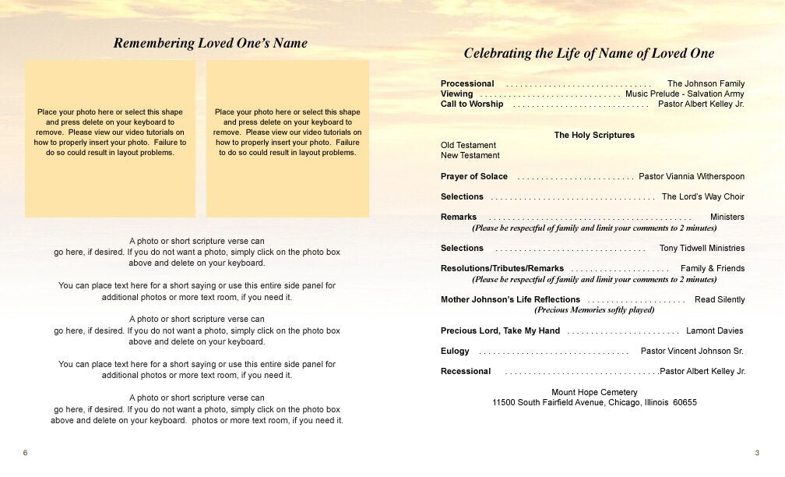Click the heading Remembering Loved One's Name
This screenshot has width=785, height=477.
(210, 44)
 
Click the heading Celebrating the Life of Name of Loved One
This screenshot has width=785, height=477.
(589, 54)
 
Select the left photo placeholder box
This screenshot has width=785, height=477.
(110, 138)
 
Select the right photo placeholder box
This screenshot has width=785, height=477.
(287, 138)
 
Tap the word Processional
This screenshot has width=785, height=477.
(467, 83)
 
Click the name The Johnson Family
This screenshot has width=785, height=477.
(706, 83)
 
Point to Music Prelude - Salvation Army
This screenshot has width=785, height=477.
(685, 94)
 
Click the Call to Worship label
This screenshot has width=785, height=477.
(472, 104)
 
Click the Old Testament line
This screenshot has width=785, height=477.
(468, 145)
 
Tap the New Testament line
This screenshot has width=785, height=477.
(470, 155)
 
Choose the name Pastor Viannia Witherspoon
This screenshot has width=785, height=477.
(692, 176)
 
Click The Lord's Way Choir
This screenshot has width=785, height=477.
(703, 196)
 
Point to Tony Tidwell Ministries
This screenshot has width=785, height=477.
(702, 248)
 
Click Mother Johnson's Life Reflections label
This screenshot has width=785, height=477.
(510, 299)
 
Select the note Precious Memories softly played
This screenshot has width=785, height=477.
(594, 309)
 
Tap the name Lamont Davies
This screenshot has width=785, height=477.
(714, 330)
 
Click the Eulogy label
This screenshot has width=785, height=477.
(455, 351)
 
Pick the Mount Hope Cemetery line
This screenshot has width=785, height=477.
(594, 392)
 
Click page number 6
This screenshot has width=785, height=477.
(25, 453)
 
